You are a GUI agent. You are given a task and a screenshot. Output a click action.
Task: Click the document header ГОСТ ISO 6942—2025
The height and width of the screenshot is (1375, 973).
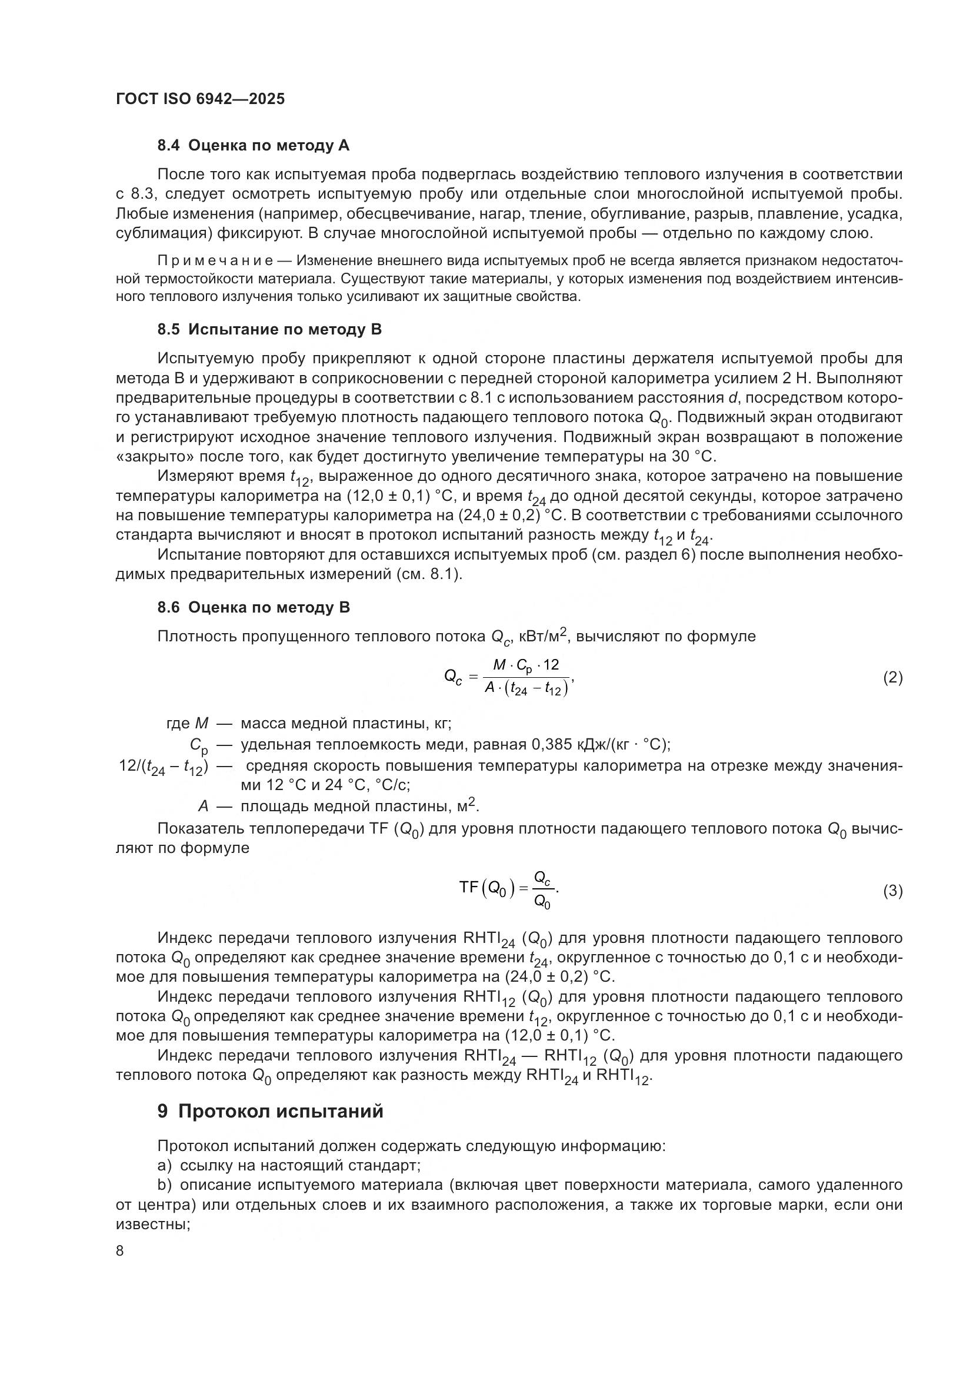(200, 99)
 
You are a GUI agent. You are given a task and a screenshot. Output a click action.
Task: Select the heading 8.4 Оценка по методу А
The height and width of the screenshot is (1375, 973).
(254, 146)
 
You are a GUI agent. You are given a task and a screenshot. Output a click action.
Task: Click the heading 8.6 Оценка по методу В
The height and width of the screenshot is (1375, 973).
(254, 607)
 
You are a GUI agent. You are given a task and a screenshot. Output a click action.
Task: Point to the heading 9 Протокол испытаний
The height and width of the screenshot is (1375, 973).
(270, 1111)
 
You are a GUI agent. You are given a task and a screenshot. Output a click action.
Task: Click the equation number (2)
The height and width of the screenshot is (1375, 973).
(892, 677)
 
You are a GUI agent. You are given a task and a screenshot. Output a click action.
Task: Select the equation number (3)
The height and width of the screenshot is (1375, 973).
(892, 891)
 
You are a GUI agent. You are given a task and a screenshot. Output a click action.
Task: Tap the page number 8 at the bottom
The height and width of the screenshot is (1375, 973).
(120, 1250)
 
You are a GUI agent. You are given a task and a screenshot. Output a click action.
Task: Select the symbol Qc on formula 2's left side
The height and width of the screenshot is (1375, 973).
(453, 677)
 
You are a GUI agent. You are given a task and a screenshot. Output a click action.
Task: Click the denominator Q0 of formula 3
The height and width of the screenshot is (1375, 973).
(542, 902)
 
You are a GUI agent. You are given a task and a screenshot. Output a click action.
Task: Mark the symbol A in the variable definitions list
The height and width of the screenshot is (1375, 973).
(204, 807)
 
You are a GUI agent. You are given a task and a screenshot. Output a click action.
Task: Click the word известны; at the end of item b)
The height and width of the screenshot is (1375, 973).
(153, 1224)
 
